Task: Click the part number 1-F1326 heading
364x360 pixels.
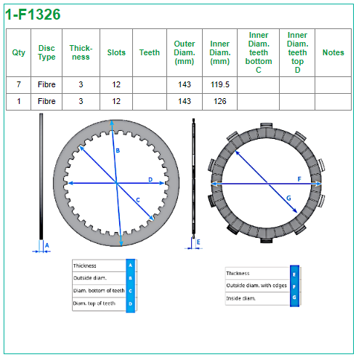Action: pyautogui.click(x=33, y=15)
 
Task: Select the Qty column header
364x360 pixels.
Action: pyautogui.click(x=19, y=52)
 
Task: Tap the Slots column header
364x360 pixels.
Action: pyautogui.click(x=116, y=52)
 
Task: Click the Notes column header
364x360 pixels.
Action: pyautogui.click(x=333, y=52)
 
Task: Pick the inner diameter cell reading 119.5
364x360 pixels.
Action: pyautogui.click(x=219, y=84)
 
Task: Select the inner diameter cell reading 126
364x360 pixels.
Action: pyautogui.click(x=219, y=101)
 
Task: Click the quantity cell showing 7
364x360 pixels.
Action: pyautogui.click(x=19, y=84)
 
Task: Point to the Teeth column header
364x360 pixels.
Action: pyautogui.click(x=150, y=52)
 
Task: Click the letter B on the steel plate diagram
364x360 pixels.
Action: pyautogui.click(x=118, y=151)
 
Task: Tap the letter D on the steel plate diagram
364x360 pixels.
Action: pyautogui.click(x=150, y=180)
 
